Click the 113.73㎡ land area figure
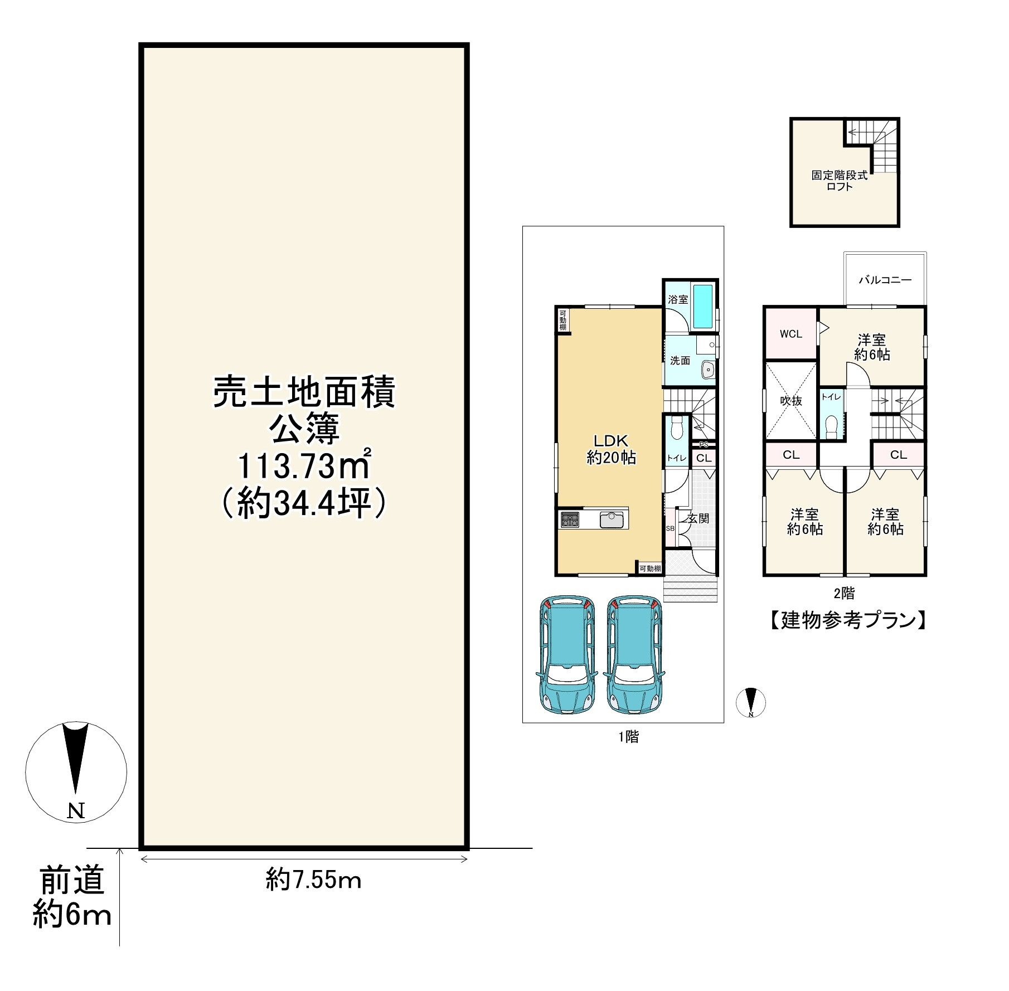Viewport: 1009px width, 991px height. pyautogui.click(x=304, y=467)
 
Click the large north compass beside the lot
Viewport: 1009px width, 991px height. pyautogui.click(x=76, y=771)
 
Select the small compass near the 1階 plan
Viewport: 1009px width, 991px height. pyautogui.click(x=750, y=702)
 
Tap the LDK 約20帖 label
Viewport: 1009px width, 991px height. pyautogui.click(x=611, y=449)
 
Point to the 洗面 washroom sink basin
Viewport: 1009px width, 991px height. pyautogui.click(x=708, y=368)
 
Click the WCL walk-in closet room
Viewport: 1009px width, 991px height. pyautogui.click(x=790, y=334)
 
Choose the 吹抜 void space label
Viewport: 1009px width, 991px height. pyautogui.click(x=790, y=401)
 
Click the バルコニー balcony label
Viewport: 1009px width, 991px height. pyautogui.click(x=885, y=280)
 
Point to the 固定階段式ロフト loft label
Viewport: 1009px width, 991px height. pyautogui.click(x=839, y=181)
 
